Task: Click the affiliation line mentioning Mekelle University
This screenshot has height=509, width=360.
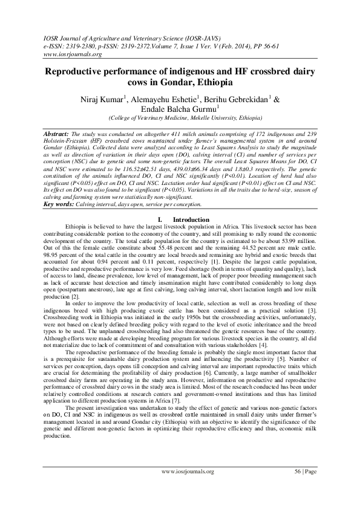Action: click(185, 118)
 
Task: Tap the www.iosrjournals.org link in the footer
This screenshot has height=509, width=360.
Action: click(188, 471)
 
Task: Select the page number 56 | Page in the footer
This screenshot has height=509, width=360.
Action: click(305, 471)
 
